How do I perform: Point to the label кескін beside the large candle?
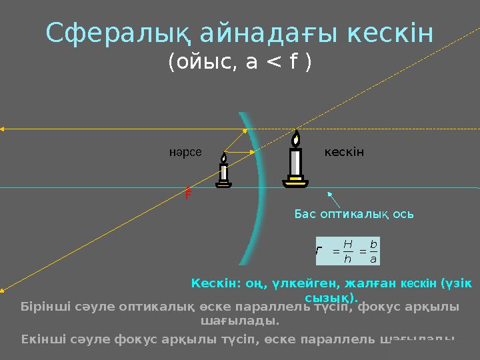coord(344,153)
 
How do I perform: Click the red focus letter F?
coord(189,194)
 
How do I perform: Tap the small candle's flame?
coord(224,158)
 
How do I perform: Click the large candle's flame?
coord(295,138)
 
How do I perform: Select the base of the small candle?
coord(224,185)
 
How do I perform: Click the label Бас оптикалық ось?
coord(354,215)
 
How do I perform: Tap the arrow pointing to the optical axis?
coord(334,199)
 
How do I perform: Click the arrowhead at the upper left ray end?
coord(3,128)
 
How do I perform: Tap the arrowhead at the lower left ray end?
coord(3,289)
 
